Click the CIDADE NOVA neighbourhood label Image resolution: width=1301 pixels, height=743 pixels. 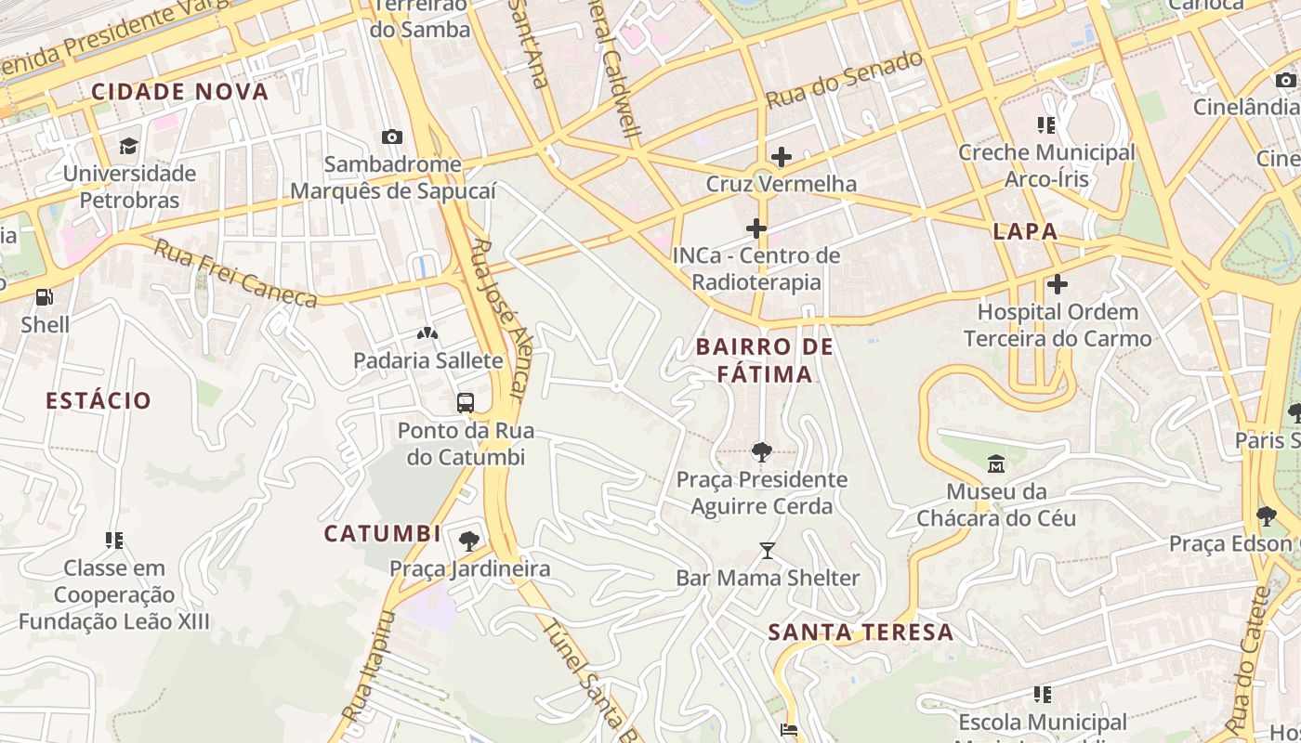point(180,92)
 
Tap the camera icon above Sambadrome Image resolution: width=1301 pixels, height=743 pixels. point(392,137)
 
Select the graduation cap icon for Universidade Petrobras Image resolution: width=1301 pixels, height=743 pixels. point(127,147)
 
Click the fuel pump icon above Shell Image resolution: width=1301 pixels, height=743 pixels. point(44,297)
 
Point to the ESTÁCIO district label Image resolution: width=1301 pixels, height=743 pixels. point(99,401)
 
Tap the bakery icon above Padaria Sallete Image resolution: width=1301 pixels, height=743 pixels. point(427,332)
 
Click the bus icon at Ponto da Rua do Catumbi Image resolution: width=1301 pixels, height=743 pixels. point(466,403)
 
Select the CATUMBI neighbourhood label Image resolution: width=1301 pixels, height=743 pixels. point(382,534)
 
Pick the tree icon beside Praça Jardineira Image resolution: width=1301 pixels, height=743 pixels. point(469,541)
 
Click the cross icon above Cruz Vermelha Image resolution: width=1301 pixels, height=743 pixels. point(781,156)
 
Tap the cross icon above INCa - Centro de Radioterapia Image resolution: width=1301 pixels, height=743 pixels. point(756,228)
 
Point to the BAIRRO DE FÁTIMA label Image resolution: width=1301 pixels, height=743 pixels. point(765,360)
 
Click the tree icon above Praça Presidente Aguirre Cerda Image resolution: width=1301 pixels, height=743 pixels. point(761,452)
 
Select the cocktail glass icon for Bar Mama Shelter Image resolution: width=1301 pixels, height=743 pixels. point(768,551)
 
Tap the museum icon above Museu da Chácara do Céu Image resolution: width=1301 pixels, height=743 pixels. point(996,463)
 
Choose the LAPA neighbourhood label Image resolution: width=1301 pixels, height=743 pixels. point(1025,232)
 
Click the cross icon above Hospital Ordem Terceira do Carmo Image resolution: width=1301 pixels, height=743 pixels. point(1057,284)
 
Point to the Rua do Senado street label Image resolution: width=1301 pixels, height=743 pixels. point(845,80)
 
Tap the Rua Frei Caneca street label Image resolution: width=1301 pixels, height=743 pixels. point(235,274)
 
